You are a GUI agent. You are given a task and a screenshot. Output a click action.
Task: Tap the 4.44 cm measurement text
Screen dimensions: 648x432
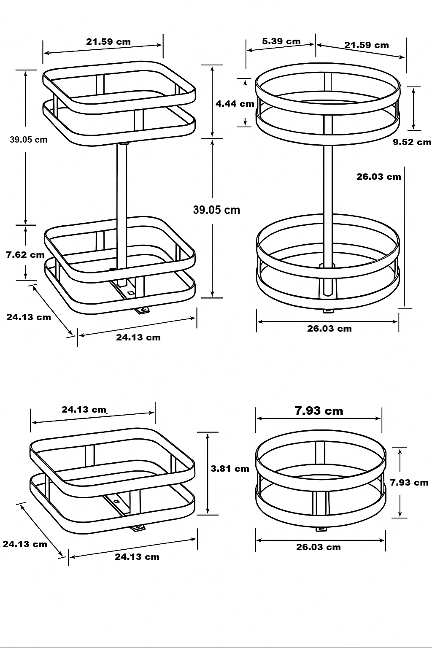click(x=235, y=103)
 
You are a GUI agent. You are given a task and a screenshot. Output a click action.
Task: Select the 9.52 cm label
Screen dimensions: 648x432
click(x=412, y=142)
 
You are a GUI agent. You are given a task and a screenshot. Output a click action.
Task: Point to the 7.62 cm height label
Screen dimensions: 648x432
click(x=25, y=254)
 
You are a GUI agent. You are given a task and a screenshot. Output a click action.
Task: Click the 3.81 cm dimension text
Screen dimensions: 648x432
click(x=230, y=469)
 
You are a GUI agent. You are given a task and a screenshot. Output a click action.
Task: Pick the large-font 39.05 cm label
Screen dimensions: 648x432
click(x=216, y=210)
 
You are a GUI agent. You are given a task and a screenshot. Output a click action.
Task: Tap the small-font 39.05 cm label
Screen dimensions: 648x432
click(x=29, y=140)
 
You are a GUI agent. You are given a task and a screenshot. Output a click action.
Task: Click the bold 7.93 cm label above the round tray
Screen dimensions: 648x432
click(x=319, y=410)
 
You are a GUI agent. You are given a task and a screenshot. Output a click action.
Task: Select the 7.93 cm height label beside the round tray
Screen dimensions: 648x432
click(x=409, y=482)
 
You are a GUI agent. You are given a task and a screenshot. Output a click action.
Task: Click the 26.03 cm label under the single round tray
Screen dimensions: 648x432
click(x=318, y=547)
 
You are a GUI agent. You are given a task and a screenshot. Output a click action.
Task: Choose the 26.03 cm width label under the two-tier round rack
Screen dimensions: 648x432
click(x=329, y=329)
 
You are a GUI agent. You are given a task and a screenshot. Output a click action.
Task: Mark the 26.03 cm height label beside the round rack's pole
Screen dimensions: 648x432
click(x=378, y=177)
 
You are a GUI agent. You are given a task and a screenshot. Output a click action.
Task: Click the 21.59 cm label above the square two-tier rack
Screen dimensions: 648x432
click(x=108, y=42)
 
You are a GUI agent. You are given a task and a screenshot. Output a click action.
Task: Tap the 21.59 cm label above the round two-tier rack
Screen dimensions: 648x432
click(x=366, y=45)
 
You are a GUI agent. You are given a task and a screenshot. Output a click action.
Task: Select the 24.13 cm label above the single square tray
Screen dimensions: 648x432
click(x=84, y=409)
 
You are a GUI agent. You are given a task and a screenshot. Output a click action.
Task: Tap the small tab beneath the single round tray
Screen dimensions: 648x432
click(x=322, y=528)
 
